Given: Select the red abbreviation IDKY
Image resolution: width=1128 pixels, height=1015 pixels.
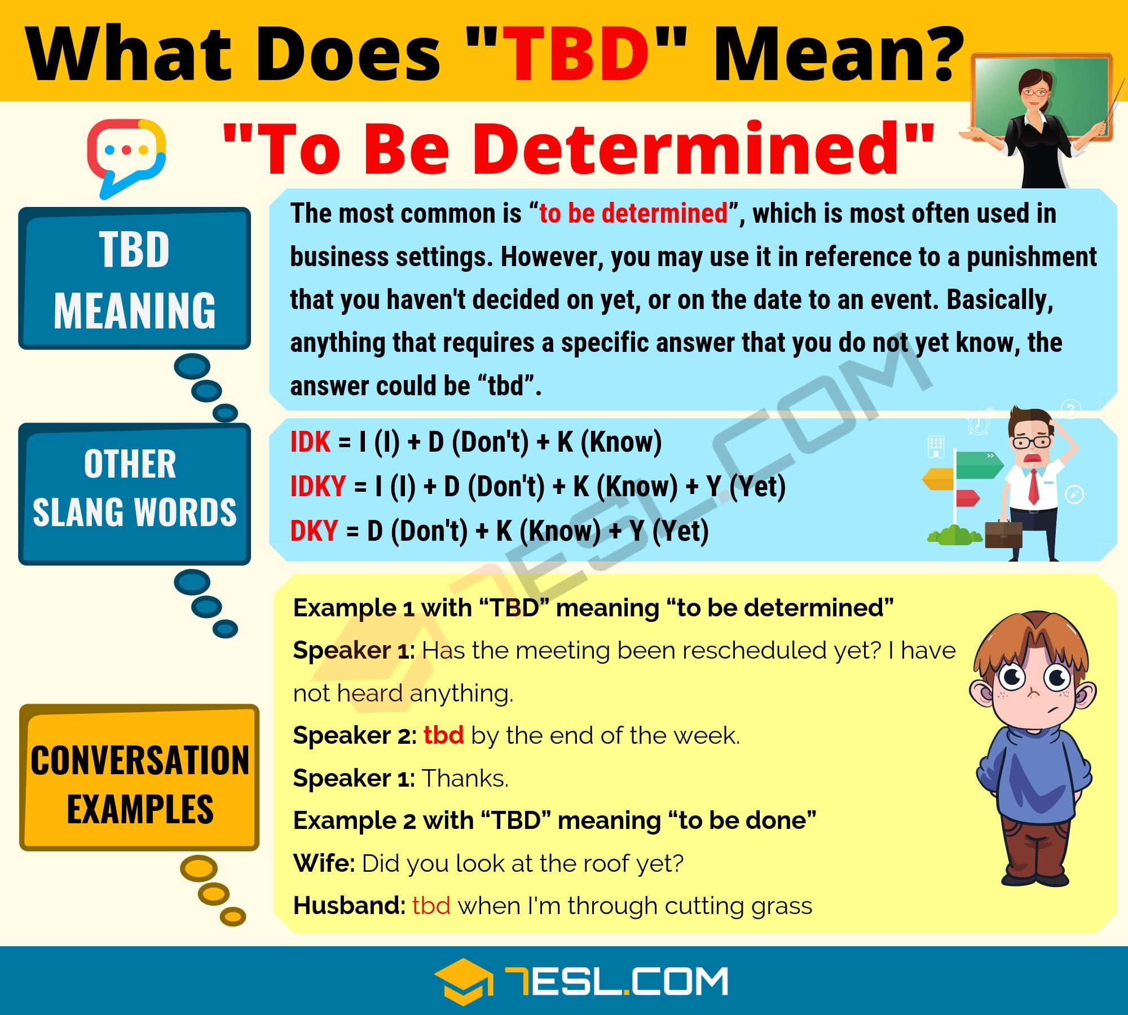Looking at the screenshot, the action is pos(318,486).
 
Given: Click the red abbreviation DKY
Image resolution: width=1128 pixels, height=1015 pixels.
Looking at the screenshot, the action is pos(314,531).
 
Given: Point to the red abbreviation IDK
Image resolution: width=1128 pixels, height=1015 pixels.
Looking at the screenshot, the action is pos(310,442).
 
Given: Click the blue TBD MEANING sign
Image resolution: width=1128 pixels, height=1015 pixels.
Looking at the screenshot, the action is pos(134,279).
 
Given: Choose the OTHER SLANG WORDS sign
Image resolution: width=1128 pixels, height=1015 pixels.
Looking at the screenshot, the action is pos(134,493).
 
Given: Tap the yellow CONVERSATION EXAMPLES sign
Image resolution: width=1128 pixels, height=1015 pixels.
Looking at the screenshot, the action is pos(139,777).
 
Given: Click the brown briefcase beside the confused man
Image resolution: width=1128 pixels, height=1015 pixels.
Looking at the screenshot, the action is pos(1003,535).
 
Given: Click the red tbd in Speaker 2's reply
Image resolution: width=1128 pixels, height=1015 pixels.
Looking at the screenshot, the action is pos(444,735).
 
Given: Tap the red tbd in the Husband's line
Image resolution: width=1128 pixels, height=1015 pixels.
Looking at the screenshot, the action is pos(431,906).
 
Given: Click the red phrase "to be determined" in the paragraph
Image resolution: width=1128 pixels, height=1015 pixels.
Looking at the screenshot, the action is pos(633,213).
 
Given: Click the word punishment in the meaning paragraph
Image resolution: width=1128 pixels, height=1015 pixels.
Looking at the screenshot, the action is pos(1032,257).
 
